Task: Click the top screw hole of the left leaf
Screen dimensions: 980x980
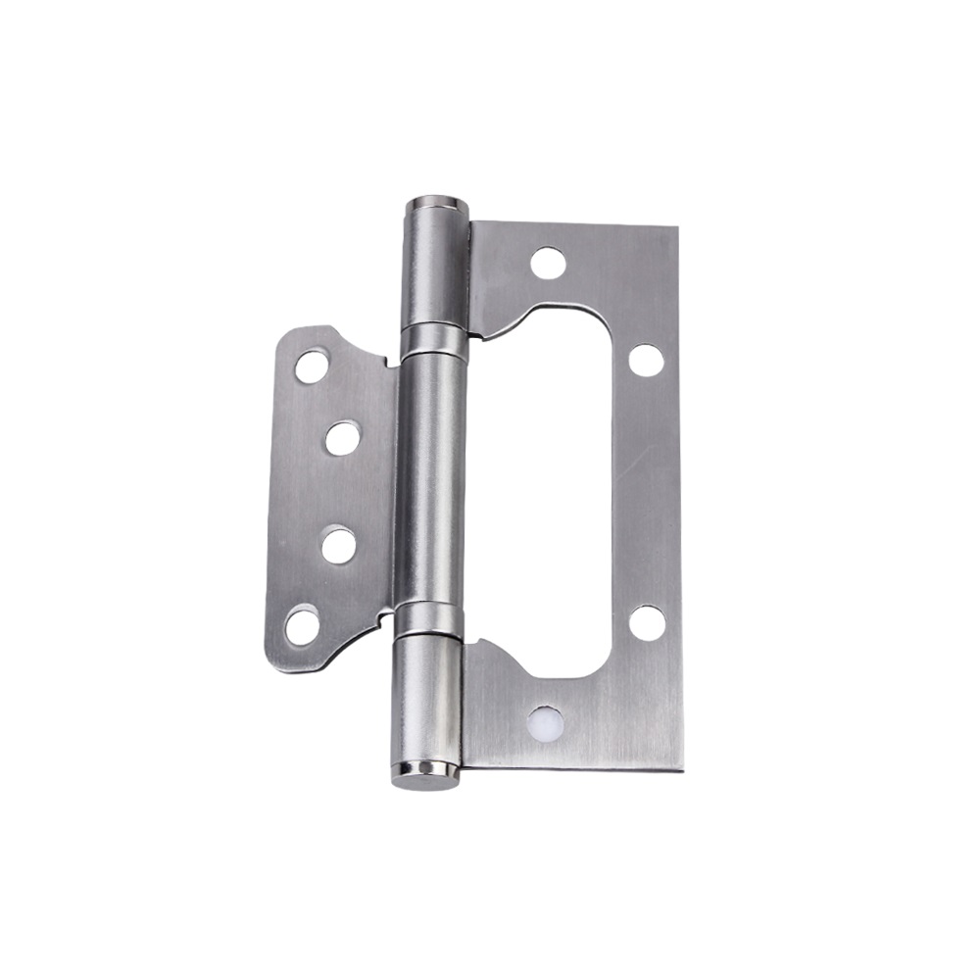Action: (x=312, y=367)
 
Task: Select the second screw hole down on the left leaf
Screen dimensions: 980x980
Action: (x=342, y=438)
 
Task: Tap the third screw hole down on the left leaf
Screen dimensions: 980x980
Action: (x=338, y=545)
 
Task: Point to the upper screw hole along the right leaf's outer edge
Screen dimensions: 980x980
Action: (x=646, y=360)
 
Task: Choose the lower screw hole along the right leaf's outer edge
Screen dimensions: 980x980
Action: (x=647, y=622)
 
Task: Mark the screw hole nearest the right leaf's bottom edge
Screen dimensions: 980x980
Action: (x=545, y=723)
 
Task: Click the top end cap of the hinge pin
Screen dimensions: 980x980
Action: (x=436, y=208)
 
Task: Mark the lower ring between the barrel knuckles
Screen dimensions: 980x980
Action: (x=428, y=619)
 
